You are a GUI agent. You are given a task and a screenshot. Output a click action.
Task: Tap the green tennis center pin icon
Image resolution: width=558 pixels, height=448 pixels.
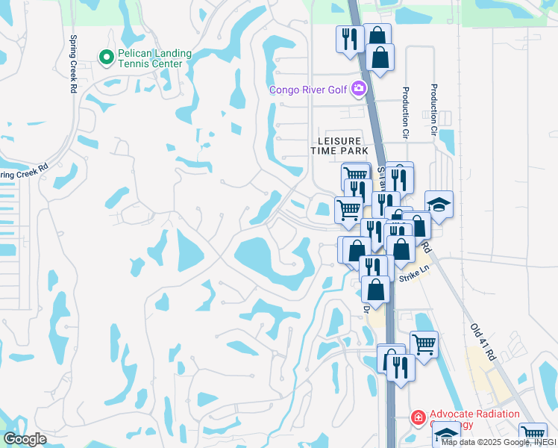click(106, 55)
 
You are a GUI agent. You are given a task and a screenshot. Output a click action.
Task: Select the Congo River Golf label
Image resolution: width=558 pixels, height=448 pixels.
click(310, 90)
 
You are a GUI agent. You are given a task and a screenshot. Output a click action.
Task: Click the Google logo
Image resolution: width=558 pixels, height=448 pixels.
click(25, 439)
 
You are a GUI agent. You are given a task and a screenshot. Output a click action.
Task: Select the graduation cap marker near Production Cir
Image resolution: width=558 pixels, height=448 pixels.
click(439, 204)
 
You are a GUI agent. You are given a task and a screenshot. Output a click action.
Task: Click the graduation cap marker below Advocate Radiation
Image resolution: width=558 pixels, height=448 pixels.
click(446, 434)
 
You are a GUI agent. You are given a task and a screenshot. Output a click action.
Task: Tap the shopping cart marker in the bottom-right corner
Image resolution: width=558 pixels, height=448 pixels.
click(533, 434)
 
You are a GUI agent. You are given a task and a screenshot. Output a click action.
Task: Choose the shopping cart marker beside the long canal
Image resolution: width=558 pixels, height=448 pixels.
click(424, 344)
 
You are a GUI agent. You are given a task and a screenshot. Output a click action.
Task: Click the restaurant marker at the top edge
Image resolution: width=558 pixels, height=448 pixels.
click(349, 38)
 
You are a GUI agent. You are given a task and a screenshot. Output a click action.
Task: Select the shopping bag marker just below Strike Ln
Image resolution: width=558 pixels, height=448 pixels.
click(375, 289)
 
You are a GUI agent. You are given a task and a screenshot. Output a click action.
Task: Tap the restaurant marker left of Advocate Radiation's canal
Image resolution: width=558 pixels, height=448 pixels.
click(400, 367)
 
